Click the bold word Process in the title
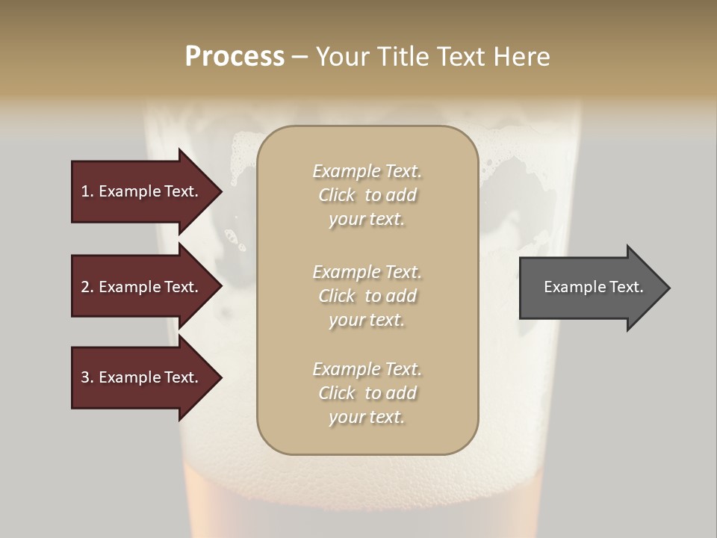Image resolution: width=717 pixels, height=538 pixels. tap(235, 57)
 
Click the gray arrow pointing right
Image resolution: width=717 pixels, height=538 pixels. tap(590, 288)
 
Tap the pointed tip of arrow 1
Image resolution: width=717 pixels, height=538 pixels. tap(220, 191)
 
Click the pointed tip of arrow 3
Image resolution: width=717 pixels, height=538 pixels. tap(220, 377)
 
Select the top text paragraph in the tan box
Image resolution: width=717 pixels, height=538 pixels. tap(367, 195)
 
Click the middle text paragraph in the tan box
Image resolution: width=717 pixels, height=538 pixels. tap(367, 296)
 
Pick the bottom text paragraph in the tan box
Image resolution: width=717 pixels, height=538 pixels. tap(367, 393)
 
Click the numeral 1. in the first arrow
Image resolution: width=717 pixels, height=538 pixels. tap(87, 191)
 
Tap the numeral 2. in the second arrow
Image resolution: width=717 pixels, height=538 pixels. tap(87, 287)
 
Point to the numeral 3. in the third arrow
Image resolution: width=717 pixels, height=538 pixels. tap(87, 377)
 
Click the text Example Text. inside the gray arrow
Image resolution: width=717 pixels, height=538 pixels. tap(593, 287)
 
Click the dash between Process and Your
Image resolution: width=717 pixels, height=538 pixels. tap(299, 58)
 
